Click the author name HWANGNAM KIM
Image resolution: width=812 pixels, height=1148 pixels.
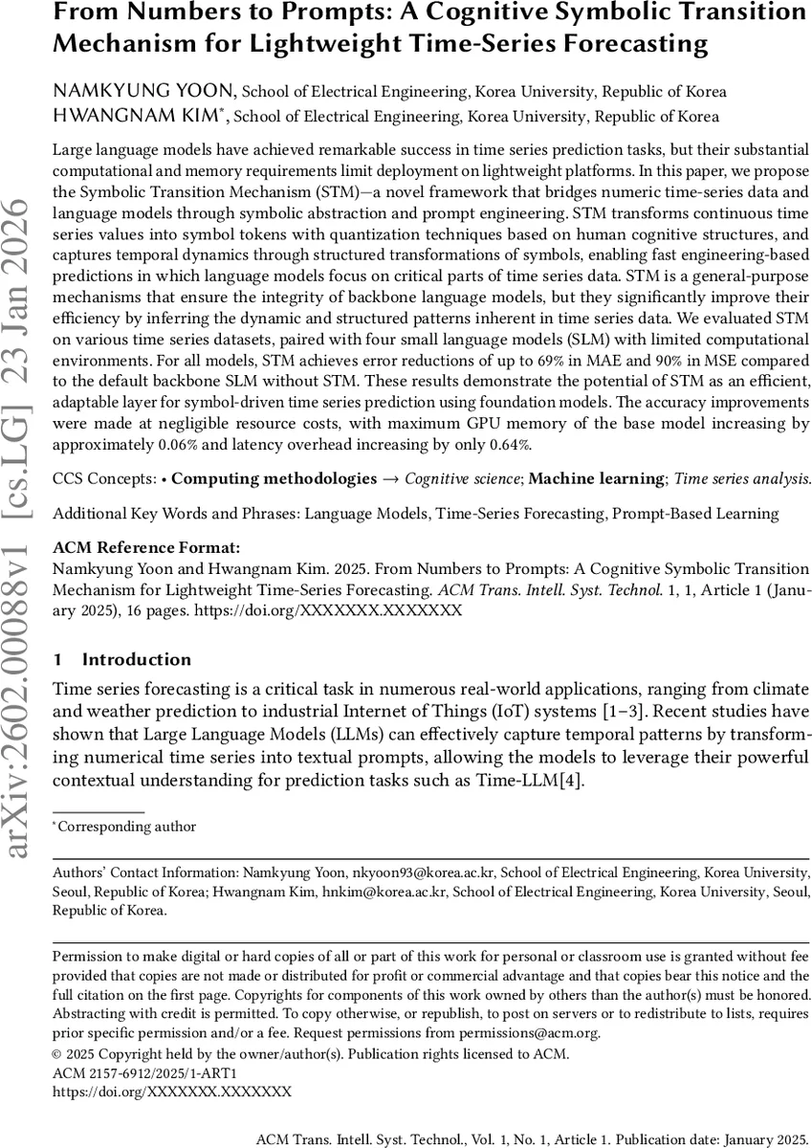point(139,117)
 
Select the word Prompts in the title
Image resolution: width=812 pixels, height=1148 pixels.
point(282,13)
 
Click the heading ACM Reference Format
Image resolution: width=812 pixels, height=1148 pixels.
point(146,548)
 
